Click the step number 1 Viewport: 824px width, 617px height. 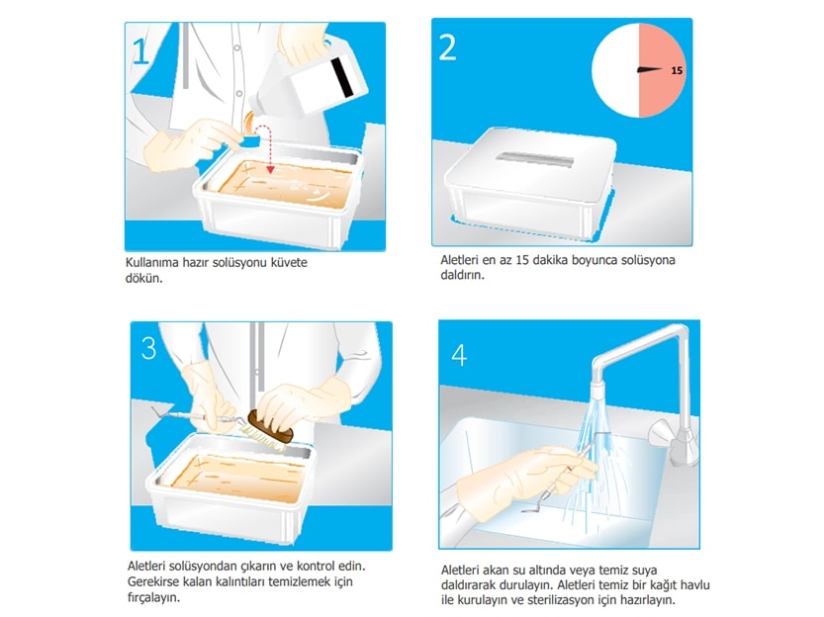(141, 50)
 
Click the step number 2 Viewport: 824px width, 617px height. (448, 47)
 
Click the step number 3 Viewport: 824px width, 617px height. (148, 348)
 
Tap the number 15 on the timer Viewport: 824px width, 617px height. (677, 70)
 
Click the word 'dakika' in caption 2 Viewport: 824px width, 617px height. (534, 261)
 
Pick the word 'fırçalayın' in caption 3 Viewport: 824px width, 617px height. (156, 596)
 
